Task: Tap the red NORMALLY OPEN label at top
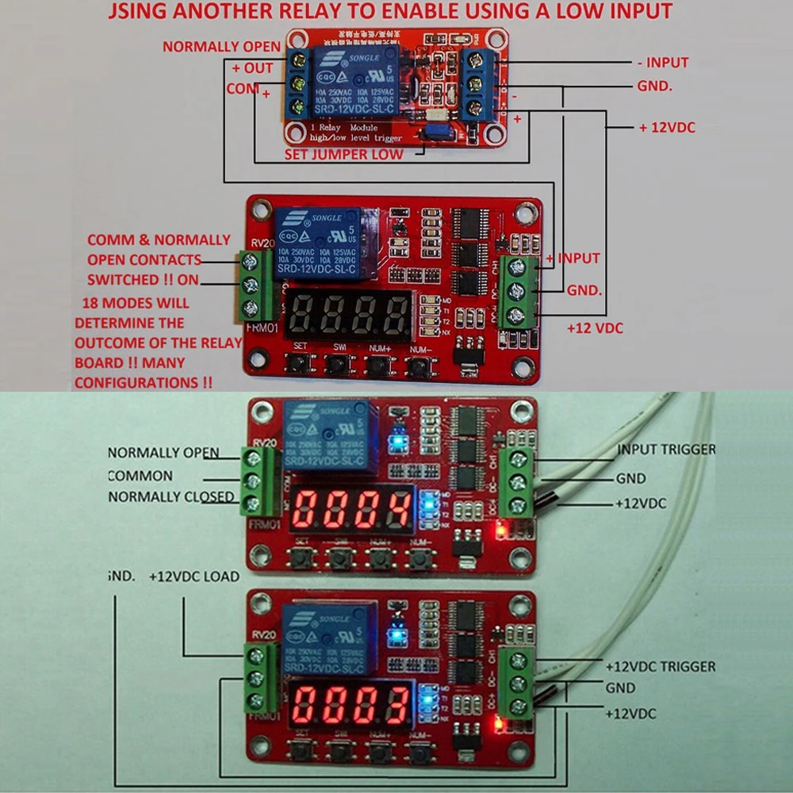coord(222,47)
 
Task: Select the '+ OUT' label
coord(252,68)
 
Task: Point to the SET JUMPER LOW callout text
coord(343,154)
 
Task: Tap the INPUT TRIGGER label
coord(666,450)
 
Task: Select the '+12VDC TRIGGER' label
coord(660,667)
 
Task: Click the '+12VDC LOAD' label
coord(193,577)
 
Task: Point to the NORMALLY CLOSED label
coord(171,497)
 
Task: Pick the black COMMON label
coord(140,476)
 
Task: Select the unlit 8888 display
coord(350,315)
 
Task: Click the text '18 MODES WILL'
coord(136,303)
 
